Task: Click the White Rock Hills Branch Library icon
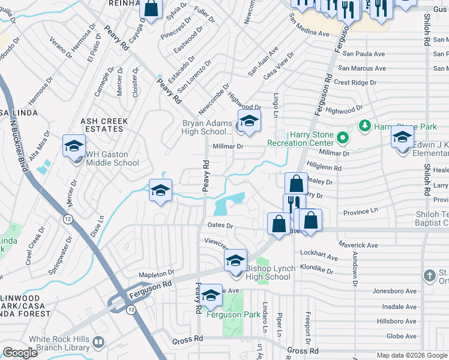[x=98, y=343]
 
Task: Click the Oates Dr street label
[x=220, y=226]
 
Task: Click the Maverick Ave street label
[x=357, y=245]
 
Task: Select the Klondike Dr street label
[x=316, y=270]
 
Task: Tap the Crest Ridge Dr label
[x=355, y=82]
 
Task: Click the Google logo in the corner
[x=20, y=353]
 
